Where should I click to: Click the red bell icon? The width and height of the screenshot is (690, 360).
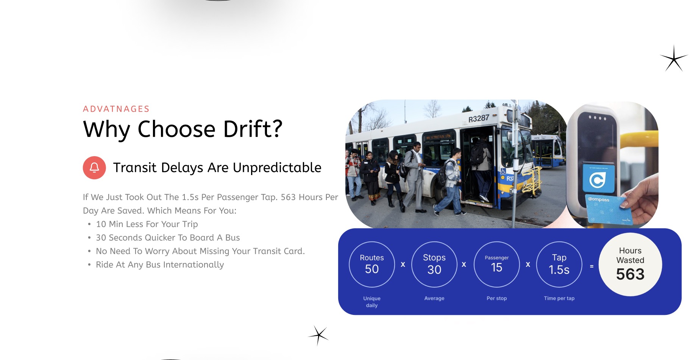94,167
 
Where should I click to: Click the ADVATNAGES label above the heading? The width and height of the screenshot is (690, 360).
116,109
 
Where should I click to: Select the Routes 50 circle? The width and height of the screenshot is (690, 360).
372,264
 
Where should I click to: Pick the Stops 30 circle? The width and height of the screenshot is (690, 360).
434,264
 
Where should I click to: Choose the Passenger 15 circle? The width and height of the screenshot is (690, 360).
496,264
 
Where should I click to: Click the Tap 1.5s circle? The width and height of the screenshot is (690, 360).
559,264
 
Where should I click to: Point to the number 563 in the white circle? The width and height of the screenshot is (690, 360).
630,274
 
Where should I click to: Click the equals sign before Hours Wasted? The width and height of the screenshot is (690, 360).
592,266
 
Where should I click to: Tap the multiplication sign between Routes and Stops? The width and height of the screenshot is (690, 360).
403,265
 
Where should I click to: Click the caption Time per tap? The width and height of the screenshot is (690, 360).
559,298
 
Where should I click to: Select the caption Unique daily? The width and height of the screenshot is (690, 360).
372,302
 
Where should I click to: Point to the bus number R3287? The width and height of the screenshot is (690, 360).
479,119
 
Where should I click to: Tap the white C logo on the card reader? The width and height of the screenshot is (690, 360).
597,180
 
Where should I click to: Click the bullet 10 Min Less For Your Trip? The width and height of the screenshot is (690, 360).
147,224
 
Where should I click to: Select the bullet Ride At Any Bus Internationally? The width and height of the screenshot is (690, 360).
160,265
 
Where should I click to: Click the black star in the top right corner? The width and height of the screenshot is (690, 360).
674,58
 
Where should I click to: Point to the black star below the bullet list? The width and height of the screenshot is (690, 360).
318,335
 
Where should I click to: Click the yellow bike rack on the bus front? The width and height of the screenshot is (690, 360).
532,181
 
